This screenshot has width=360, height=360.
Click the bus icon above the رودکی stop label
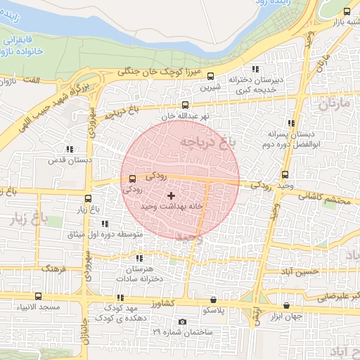point(133,179)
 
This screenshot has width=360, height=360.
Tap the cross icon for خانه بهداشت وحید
point(171,195)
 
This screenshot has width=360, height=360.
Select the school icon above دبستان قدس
point(69,149)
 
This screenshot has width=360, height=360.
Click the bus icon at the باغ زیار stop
point(88,198)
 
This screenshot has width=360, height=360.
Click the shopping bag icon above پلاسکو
point(213,298)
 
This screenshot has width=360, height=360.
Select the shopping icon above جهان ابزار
point(286,306)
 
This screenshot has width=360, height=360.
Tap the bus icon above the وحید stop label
point(285,175)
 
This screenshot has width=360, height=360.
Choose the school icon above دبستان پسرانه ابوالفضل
point(290,122)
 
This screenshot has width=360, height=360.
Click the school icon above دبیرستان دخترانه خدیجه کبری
point(255,69)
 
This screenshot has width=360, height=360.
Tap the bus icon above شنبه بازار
point(347,11)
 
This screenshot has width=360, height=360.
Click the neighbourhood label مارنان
point(334,106)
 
